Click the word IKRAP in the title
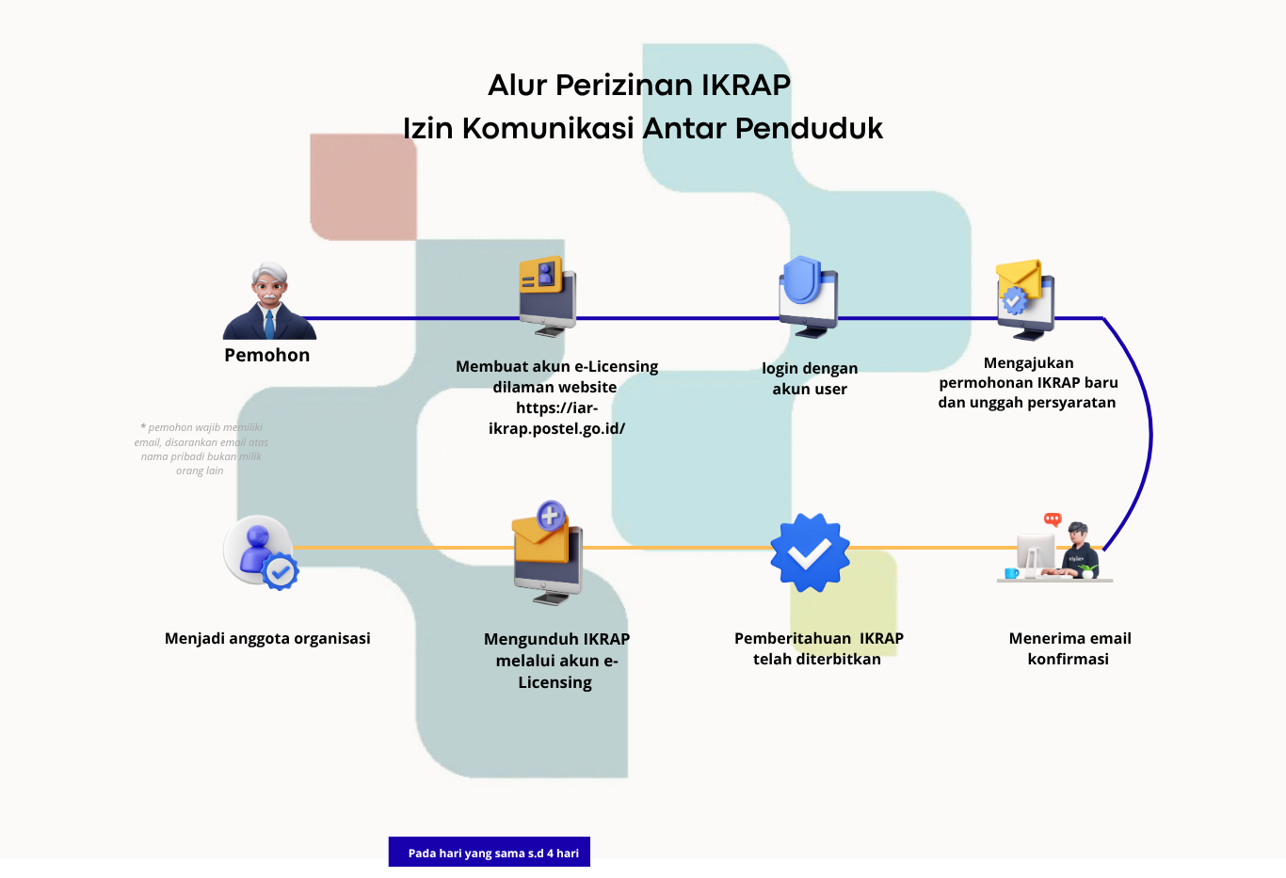[746, 86]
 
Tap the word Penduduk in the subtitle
[809, 128]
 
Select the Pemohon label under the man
[266, 355]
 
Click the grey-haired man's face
[269, 285]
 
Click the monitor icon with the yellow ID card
[546, 295]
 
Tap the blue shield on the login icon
[803, 279]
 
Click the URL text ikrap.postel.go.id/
[556, 428]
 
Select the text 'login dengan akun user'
[810, 378]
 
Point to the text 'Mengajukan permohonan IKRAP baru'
[1028, 373]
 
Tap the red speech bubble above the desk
[1053, 519]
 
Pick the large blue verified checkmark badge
[810, 552]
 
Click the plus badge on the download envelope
[551, 516]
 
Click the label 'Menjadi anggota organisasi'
[267, 638]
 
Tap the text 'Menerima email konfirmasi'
[1069, 648]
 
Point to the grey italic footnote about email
[201, 449]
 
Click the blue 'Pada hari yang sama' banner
[490, 853]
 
